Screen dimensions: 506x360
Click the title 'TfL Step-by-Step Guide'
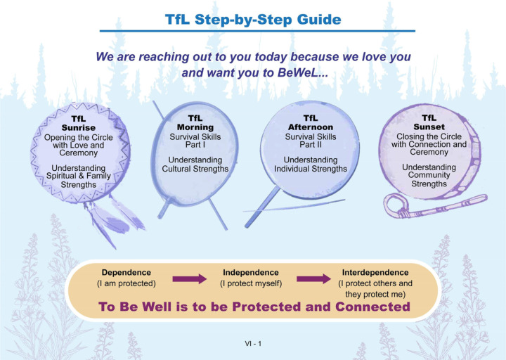coord(253,20)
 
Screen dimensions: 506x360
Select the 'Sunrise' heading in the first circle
coord(79,127)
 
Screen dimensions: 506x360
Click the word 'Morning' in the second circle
coord(195,127)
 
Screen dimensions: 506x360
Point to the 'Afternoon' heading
coord(311,127)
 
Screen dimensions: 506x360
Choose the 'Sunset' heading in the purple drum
coord(429,127)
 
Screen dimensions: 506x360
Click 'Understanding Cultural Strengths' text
coord(195,165)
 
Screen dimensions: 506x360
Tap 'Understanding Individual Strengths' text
coord(311,165)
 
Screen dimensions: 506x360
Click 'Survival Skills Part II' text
coord(311,141)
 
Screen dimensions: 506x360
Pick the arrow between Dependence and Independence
coord(190,278)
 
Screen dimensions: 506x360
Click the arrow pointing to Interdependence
coord(313,278)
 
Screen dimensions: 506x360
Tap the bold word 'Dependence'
coord(126,273)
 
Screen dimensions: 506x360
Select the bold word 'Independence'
coord(251,273)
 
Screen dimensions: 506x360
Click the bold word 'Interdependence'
coord(375,273)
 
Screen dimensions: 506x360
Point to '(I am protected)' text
coord(126,283)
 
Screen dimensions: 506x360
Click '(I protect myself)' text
coord(251,283)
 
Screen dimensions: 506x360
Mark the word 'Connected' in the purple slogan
coord(372,307)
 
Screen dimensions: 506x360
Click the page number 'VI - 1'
coord(253,344)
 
